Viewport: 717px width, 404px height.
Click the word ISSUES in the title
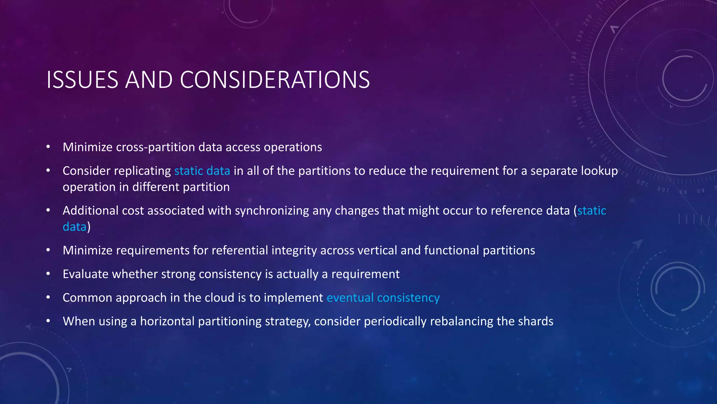coord(82,80)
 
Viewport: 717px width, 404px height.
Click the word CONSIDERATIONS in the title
coord(275,80)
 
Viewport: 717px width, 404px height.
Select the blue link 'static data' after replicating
coord(202,171)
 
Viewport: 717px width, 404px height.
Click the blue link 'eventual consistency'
coord(383,298)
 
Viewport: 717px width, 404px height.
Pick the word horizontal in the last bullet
coord(167,321)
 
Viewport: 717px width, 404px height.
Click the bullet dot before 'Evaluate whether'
coord(48,274)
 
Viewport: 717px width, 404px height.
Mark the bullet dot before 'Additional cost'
coord(48,210)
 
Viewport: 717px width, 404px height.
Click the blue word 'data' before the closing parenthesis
coord(74,227)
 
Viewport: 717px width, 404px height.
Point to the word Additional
coord(90,211)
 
